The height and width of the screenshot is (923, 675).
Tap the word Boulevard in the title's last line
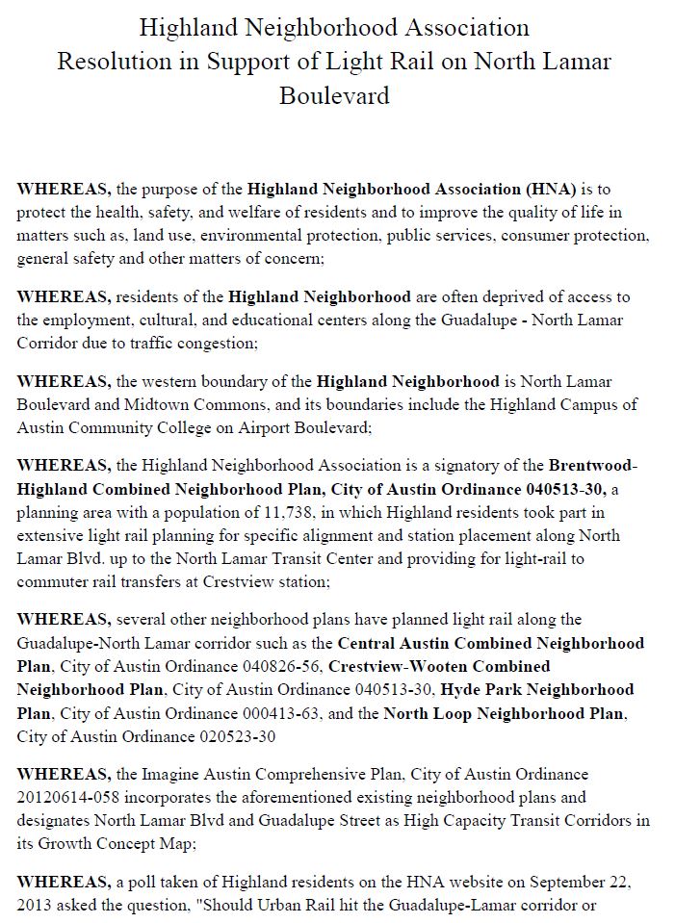tap(334, 96)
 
